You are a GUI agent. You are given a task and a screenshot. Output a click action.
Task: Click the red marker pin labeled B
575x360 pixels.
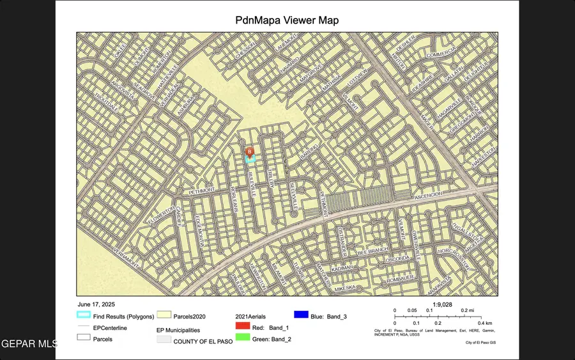[249, 151]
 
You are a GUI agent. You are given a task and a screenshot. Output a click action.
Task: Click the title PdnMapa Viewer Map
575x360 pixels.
[287, 20]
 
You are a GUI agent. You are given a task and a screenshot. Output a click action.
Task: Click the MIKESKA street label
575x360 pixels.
[344, 289]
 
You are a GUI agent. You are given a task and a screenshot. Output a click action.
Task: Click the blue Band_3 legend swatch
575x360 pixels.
[302, 315]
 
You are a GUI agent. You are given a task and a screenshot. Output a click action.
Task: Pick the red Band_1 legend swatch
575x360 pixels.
[242, 327]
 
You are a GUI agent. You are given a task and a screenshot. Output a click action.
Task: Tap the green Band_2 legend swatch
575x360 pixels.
[242, 338]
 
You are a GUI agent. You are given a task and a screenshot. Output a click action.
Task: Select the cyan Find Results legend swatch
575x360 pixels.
[84, 315]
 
